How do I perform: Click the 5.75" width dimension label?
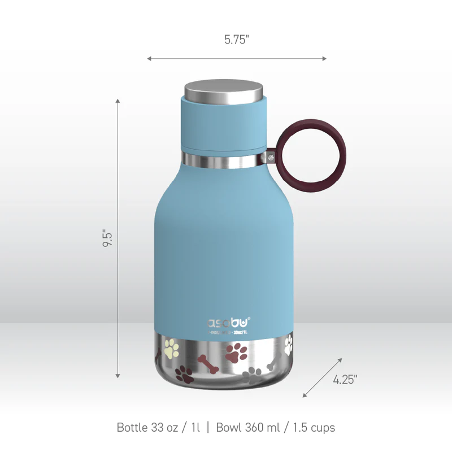coord(236,40)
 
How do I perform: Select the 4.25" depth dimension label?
coord(345,380)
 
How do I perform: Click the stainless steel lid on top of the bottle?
coord(224,90)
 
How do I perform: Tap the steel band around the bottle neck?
coord(224,160)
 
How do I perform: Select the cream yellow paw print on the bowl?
coord(172,348)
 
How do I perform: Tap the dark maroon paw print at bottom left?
coord(184,373)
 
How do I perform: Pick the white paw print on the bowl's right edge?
coord(289,342)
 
